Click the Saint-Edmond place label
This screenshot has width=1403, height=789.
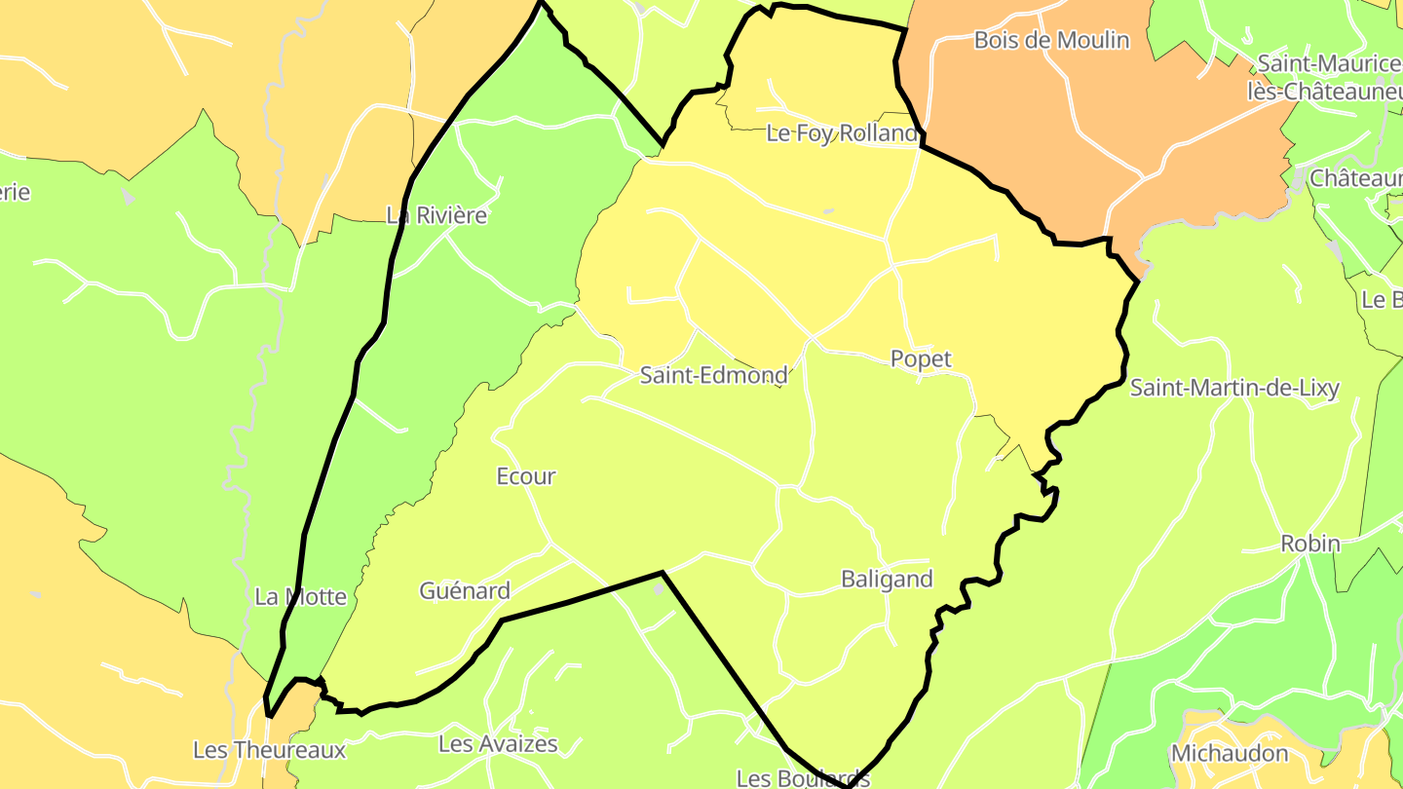coord(714,375)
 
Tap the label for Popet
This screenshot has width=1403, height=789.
coord(921,358)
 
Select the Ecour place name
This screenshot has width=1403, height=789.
coord(526,476)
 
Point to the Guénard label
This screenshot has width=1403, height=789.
coord(465,590)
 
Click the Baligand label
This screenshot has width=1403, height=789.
coord(887,580)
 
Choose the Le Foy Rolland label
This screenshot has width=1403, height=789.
coord(842,133)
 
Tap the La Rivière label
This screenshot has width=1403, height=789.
coord(436,215)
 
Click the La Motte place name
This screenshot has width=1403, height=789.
coord(300,597)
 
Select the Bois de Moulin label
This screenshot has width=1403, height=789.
coord(1052,40)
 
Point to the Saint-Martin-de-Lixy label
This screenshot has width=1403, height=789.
coord(1234,388)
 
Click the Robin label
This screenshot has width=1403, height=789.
coord(1310,544)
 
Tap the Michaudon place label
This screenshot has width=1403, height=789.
coord(1230,753)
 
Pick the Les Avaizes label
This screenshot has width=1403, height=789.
coord(498,744)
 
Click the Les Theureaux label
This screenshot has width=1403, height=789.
coord(269,750)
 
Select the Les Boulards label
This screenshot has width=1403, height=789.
coord(803,778)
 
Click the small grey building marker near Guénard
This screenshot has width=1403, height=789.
coord(659,589)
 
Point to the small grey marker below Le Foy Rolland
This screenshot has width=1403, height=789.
coord(828,209)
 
